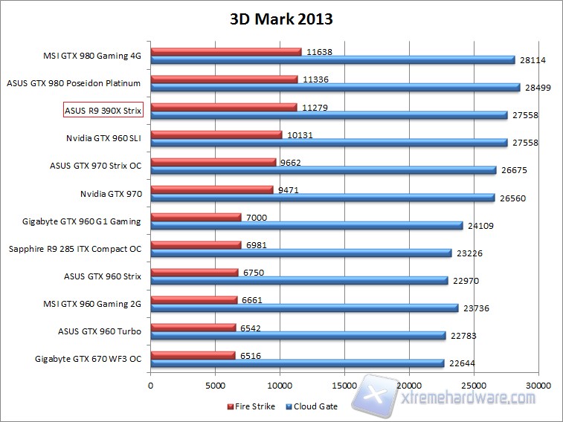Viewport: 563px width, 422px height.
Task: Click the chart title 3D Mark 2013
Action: click(281, 19)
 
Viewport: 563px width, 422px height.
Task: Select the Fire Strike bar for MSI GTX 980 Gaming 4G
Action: click(226, 52)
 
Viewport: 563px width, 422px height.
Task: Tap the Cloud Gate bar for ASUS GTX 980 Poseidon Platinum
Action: click(335, 88)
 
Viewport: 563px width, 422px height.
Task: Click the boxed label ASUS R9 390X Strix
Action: click(103, 110)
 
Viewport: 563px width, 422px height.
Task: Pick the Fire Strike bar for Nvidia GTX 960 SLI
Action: click(216, 134)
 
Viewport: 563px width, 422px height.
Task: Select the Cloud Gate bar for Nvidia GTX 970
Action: click(322, 198)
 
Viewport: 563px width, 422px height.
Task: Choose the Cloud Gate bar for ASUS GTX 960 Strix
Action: click(299, 280)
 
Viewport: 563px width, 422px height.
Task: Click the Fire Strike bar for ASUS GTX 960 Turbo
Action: click(193, 327)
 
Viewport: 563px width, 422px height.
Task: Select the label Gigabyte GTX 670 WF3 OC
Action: click(88, 358)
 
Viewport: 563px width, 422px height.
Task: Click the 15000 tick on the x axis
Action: click(344, 386)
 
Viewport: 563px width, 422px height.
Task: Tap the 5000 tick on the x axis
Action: click(215, 386)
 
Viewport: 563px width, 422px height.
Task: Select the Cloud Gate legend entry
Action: click(311, 406)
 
